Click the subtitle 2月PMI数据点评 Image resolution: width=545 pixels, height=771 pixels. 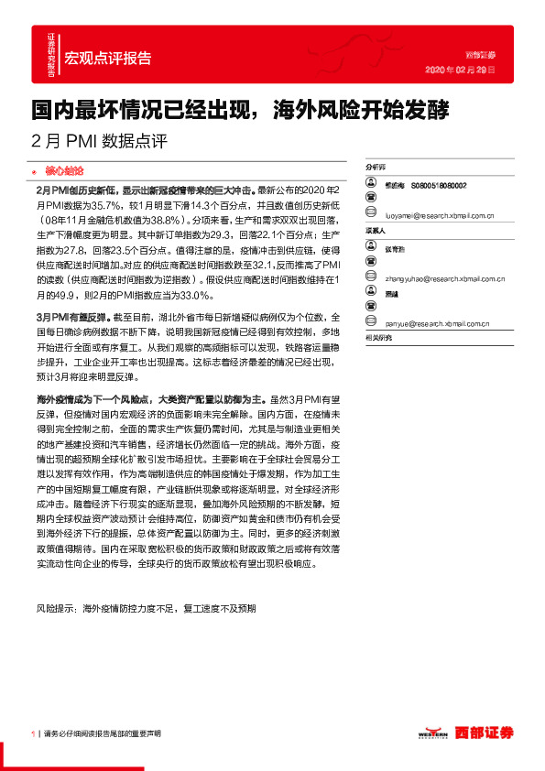click(100, 142)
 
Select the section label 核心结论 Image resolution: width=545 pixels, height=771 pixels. click(64, 170)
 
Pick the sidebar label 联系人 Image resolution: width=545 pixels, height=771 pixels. click(376, 232)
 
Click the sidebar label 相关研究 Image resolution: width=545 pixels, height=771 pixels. click(378, 339)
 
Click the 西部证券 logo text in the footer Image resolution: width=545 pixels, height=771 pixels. click(485, 733)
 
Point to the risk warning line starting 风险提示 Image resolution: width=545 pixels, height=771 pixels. click(147, 608)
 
